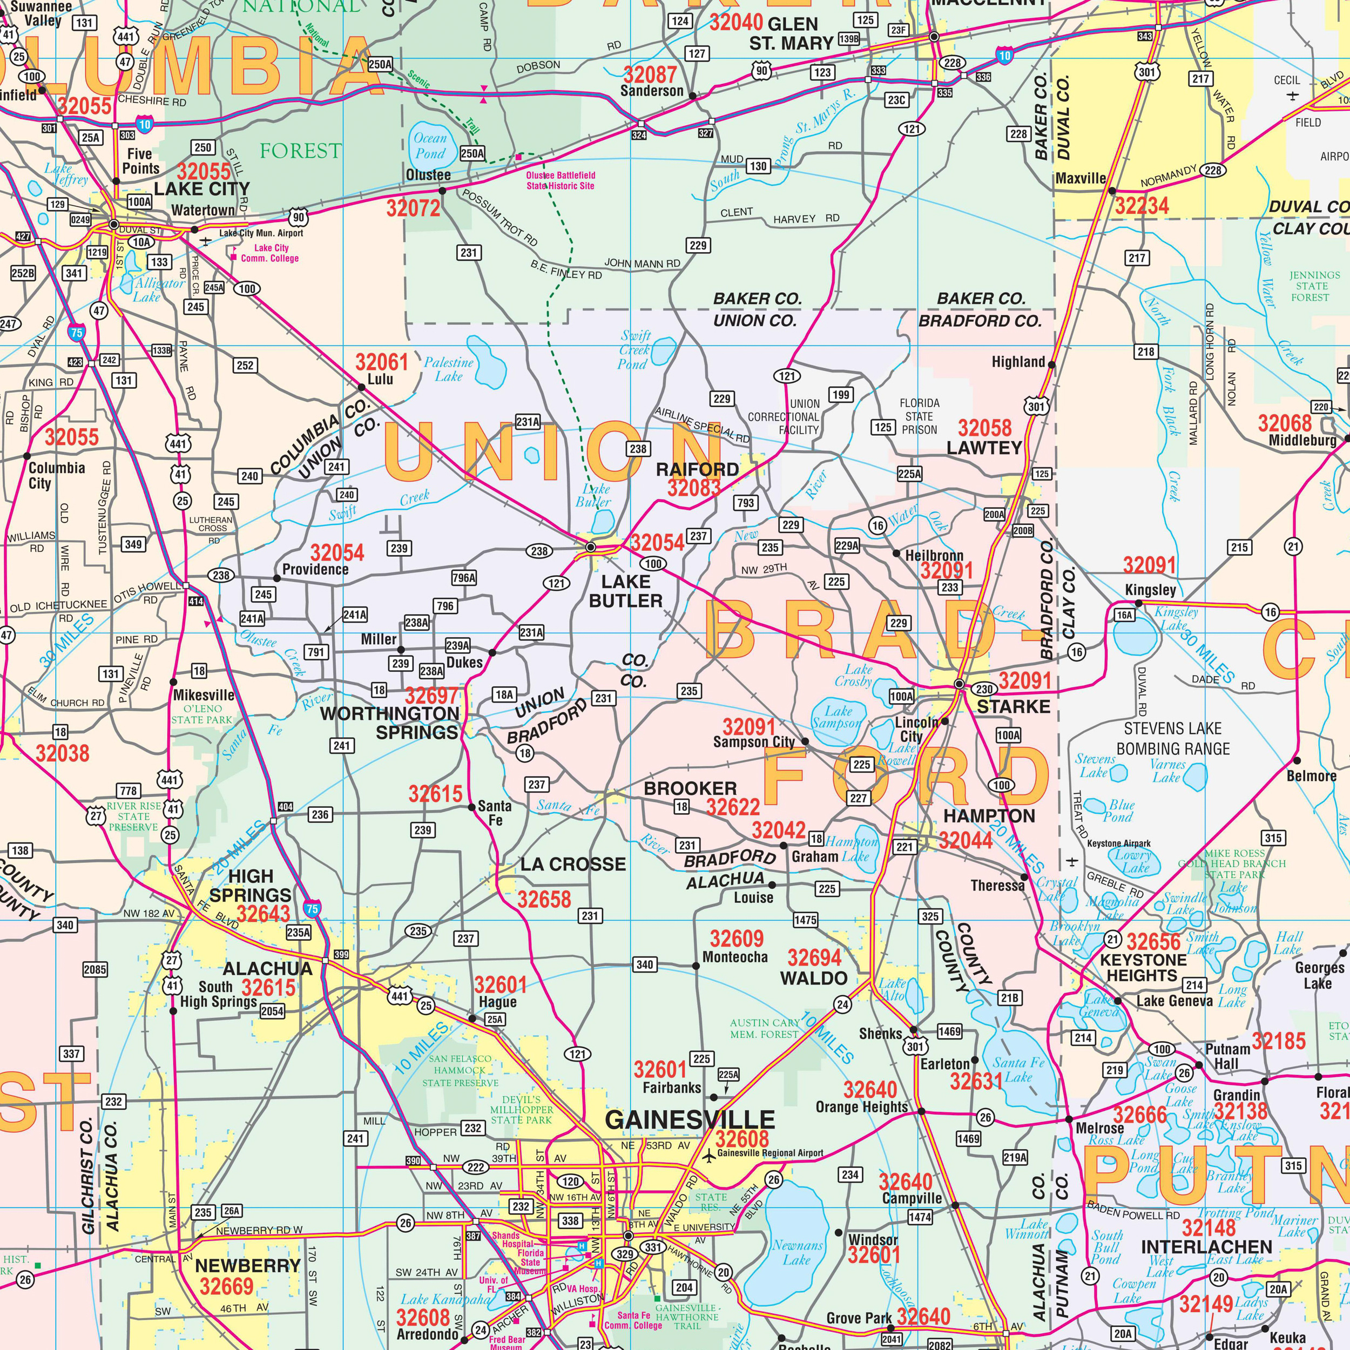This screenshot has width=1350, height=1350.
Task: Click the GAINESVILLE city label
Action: [x=690, y=1120]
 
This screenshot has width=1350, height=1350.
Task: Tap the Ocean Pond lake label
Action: [x=430, y=146]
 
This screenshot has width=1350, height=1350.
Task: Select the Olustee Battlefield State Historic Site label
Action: [x=561, y=180]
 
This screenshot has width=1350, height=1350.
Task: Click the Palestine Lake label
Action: [x=449, y=369]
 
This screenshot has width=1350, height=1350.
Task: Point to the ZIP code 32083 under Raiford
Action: [x=693, y=488]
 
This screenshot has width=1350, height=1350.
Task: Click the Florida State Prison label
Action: [x=919, y=416]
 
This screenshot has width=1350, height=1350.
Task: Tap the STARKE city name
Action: [x=1013, y=706]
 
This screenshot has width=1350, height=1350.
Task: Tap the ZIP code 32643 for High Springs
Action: [x=263, y=914]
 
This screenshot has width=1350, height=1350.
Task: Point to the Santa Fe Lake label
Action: [x=1019, y=1070]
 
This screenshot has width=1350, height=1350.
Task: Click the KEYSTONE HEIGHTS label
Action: [x=1143, y=968]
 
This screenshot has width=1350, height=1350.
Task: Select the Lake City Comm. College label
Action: [x=271, y=253]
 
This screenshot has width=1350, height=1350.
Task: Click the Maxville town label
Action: [x=1081, y=179]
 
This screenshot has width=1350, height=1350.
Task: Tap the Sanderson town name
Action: [x=652, y=91]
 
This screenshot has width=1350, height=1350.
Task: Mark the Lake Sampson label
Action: [x=837, y=717]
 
